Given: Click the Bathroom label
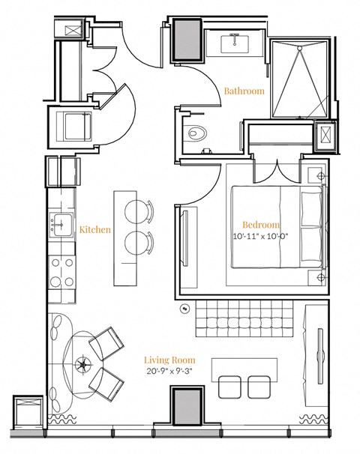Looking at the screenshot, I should (x=244, y=91).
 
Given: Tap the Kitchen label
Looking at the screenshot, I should (x=95, y=229).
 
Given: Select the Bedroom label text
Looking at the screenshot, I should (x=260, y=225).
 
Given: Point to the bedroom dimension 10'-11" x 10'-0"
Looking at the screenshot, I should (x=260, y=237).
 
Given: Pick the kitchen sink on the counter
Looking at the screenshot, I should (x=60, y=224).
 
